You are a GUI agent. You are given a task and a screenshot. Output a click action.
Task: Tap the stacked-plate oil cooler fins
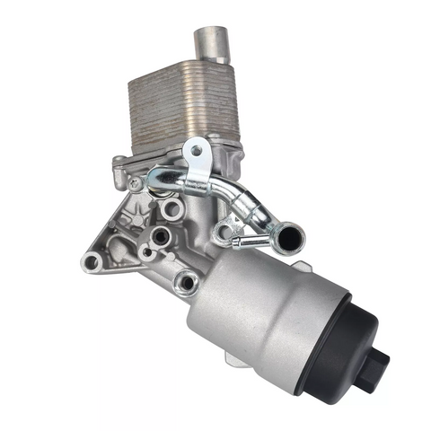[184, 108]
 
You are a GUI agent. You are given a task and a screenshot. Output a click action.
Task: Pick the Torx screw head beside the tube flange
[134, 183]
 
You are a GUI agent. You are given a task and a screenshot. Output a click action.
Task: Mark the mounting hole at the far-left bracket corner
[91, 261]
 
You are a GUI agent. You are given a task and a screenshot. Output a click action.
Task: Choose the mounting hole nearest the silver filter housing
[186, 283]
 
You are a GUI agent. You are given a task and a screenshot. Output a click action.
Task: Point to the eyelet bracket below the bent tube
[222, 233]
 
